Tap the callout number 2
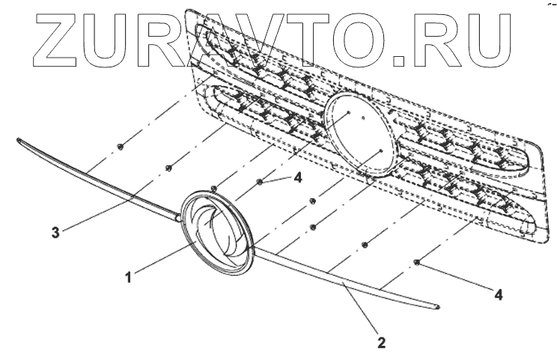coord(382,343)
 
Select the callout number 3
coord(55,232)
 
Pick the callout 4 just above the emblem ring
coord(298,177)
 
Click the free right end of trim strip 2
coord(437,306)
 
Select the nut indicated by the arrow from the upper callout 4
coord(260,181)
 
